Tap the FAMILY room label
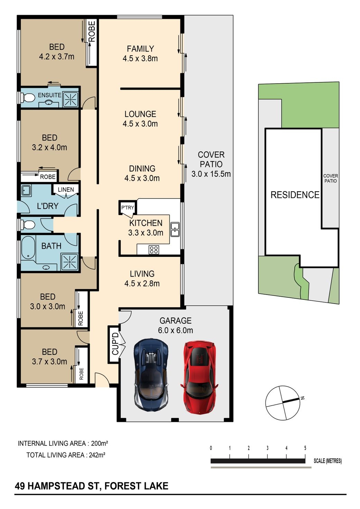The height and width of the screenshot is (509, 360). [x=140, y=49]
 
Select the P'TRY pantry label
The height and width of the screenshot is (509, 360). [x=128, y=207]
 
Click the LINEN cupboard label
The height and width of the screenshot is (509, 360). [x=66, y=189]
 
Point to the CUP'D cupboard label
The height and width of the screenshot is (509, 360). [x=115, y=344]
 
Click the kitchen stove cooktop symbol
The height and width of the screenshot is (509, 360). [x=154, y=250]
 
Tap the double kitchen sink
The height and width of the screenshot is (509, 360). [x=175, y=230]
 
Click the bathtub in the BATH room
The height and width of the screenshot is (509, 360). [x=28, y=248]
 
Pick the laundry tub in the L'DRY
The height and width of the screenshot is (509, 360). [x=27, y=190]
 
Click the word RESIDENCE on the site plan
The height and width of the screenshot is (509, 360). [x=295, y=195]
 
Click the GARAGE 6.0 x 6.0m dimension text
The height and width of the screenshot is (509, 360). [x=175, y=330]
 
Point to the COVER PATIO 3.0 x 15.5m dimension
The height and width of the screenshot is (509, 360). [x=211, y=174]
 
